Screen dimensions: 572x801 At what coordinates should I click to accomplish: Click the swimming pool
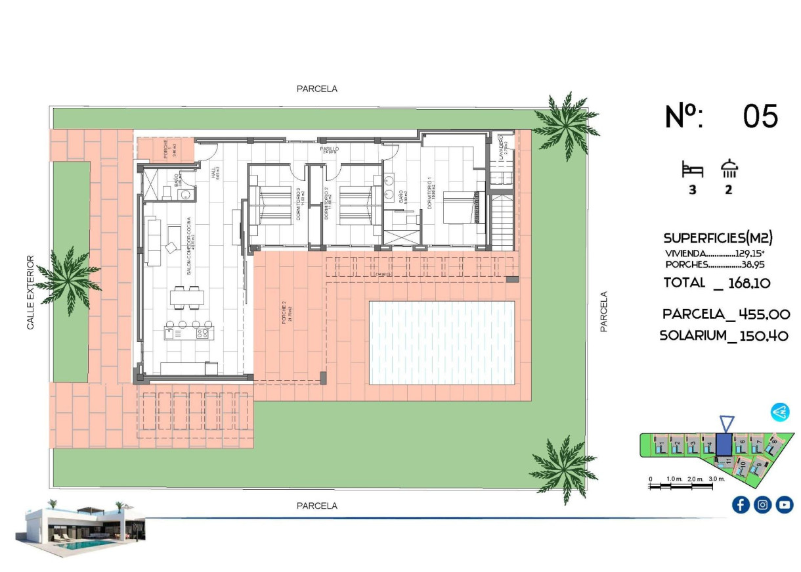click(x=442, y=343)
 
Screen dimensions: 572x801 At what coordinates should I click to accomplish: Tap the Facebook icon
click(x=741, y=504)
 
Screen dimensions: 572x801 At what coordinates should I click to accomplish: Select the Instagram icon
click(x=762, y=504)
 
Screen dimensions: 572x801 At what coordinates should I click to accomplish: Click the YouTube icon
click(x=785, y=504)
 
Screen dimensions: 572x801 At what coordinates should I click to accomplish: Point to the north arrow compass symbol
click(x=780, y=412)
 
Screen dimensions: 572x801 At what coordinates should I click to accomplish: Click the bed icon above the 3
click(x=692, y=170)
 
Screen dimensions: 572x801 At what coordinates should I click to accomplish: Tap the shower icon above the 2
click(x=729, y=169)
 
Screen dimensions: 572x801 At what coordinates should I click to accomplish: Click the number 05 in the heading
click(x=760, y=116)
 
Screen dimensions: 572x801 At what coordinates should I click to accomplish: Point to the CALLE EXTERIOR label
click(x=30, y=292)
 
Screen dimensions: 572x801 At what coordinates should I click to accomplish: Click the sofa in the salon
click(x=154, y=242)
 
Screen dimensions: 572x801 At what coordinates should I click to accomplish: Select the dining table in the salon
click(x=186, y=298)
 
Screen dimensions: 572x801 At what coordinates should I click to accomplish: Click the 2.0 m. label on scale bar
click(x=696, y=479)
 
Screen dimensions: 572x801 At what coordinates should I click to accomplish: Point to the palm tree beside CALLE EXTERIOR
click(x=68, y=279)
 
